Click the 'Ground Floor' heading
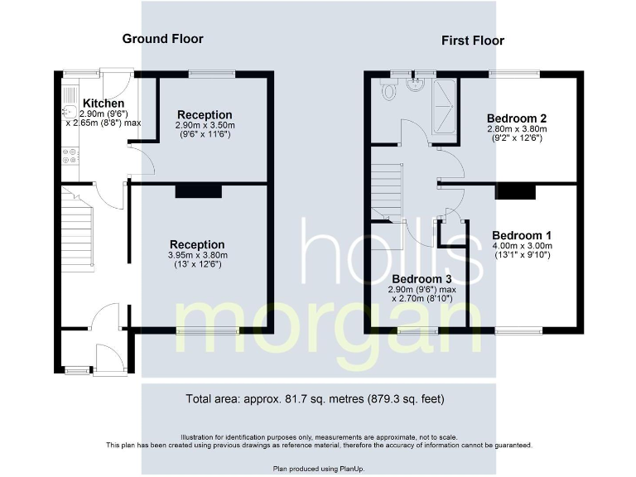pyautogui.click(x=162, y=39)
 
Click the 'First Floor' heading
pyautogui.click(x=472, y=41)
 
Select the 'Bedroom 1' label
pyautogui.click(x=521, y=234)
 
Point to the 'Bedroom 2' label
pyautogui.click(x=516, y=118)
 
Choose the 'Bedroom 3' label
pyautogui.click(x=422, y=278)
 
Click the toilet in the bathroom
pyautogui.click(x=388, y=90)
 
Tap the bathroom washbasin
pyautogui.click(x=418, y=84)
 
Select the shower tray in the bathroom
pyautogui.click(x=445, y=105)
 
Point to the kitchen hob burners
pyautogui.click(x=69, y=153)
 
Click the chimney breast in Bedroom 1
pyautogui.click(x=516, y=191)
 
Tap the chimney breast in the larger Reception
pyautogui.click(x=198, y=191)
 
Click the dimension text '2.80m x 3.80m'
pyautogui.click(x=517, y=129)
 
